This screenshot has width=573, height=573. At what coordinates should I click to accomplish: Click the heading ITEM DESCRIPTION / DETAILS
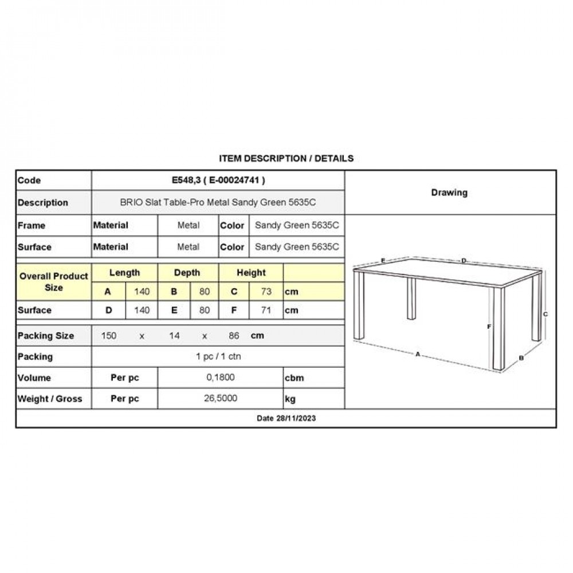286,158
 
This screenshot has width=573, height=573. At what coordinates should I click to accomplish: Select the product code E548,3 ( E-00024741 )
218,180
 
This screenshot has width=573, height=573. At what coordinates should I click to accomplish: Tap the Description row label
43,203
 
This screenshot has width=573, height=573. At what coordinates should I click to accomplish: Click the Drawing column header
449,193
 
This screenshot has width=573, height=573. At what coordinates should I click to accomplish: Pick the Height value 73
266,292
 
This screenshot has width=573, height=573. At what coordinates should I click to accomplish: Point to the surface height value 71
266,311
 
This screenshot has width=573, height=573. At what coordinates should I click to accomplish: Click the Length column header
124,273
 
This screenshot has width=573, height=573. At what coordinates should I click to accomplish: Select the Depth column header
187,273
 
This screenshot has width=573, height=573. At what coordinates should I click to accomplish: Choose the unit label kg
290,399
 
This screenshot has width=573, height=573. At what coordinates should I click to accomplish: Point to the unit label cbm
294,378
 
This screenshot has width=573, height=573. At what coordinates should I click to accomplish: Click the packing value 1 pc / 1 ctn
218,356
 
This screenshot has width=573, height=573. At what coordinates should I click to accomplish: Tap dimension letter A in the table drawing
418,354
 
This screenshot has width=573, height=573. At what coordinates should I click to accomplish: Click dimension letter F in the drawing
488,327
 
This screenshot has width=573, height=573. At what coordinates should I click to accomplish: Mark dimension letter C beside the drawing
545,314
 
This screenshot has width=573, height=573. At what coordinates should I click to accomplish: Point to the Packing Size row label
46,336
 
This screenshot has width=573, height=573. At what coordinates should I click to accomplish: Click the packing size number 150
109,336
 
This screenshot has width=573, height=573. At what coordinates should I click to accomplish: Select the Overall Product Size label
54,281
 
